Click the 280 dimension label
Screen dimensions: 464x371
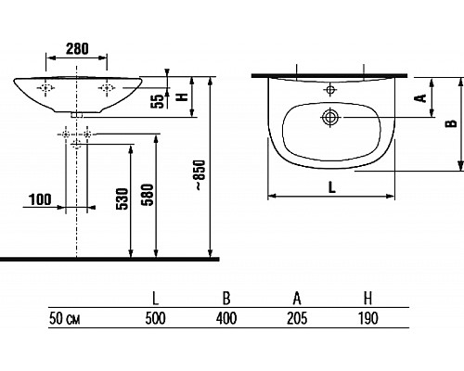point(77,48)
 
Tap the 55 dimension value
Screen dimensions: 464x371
point(157,101)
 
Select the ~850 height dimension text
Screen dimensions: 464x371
point(200,174)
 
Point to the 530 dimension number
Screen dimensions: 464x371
point(122,198)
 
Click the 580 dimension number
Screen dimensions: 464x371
point(148,195)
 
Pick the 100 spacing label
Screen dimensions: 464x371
point(40,199)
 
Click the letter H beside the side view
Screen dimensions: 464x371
point(182,96)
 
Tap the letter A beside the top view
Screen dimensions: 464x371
point(420,98)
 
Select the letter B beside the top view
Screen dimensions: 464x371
point(451,123)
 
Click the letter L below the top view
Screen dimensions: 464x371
point(331,187)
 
